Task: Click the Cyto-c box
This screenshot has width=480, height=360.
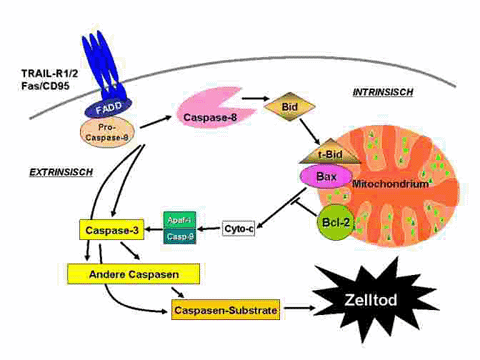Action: tap(238, 228)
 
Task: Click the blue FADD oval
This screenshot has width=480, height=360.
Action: tap(110, 107)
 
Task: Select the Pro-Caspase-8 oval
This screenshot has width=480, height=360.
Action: tap(107, 131)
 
